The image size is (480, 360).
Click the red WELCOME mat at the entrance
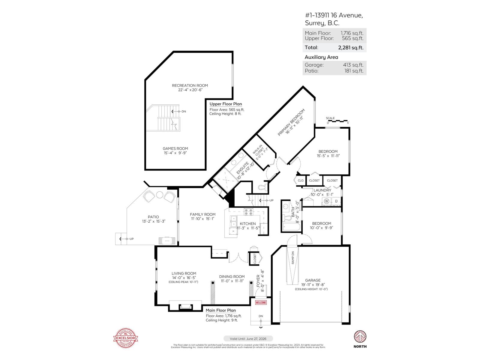261,302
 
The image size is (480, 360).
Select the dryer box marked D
336,201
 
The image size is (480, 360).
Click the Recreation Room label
190,85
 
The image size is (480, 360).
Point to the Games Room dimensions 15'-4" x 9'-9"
175,153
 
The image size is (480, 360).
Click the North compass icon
360,337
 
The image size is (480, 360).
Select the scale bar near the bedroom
338,121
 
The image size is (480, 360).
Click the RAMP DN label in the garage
293,257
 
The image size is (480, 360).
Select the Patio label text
153,217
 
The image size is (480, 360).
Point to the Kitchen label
248,223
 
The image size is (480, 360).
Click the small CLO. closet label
301,181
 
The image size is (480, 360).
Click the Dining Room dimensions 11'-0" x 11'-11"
232,281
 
